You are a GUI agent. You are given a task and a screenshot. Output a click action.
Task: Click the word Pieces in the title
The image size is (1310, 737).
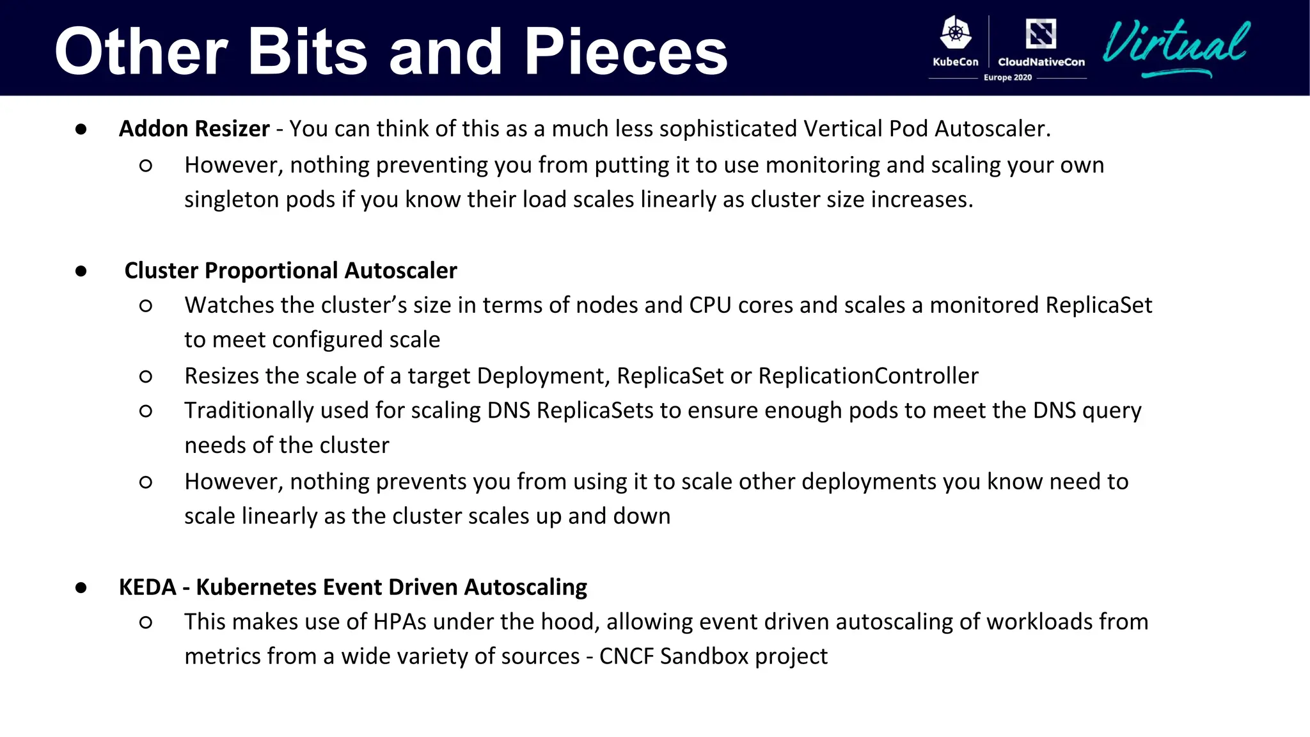pyautogui.click(x=626, y=52)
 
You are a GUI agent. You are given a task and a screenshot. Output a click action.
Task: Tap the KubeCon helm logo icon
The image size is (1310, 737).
pyautogui.click(x=956, y=33)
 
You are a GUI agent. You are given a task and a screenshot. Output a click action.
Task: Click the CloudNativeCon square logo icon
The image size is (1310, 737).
pyautogui.click(x=1041, y=33)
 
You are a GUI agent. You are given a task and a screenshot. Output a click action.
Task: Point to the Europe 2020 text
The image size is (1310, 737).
pyautogui.click(x=1007, y=77)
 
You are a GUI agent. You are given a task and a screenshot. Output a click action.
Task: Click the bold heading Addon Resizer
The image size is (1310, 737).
pyautogui.click(x=194, y=129)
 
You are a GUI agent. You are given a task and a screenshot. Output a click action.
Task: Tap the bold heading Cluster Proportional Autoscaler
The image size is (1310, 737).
pyautogui.click(x=290, y=271)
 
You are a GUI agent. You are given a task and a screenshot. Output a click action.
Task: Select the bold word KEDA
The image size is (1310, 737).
pyautogui.click(x=147, y=587)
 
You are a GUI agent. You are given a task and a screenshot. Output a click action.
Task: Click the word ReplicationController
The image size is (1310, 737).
pyautogui.click(x=868, y=376)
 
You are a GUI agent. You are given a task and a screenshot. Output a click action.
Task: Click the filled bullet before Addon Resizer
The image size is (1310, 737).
pyautogui.click(x=81, y=129)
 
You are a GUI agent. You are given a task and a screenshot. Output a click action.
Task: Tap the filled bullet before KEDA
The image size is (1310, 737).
pyautogui.click(x=81, y=587)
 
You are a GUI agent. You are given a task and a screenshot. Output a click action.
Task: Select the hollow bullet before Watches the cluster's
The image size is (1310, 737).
pyautogui.click(x=146, y=306)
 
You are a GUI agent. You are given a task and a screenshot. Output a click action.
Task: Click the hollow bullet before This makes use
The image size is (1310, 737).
pyautogui.click(x=146, y=622)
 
